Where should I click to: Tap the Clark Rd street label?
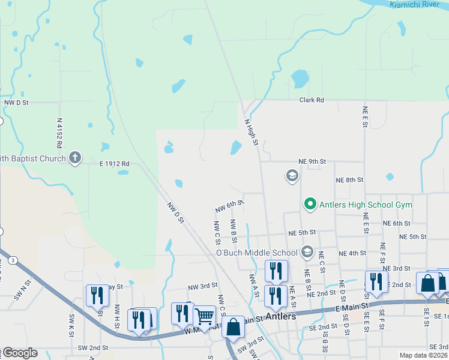[x=312, y=100]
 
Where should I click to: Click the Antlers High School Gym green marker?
[x=310, y=205]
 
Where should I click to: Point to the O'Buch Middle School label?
[x=256, y=253]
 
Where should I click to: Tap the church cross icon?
[x=74, y=158]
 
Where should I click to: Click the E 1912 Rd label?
[x=115, y=163]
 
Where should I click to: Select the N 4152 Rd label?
[x=59, y=133]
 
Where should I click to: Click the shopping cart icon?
[x=204, y=315]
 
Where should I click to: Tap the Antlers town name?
[x=281, y=316]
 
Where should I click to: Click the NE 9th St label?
[x=312, y=161]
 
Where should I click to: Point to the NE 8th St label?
[x=350, y=180]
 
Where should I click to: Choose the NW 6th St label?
[x=229, y=206]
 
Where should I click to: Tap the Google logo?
[x=19, y=353]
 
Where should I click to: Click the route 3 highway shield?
[x=13, y=260]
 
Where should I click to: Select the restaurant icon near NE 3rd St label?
[x=376, y=281]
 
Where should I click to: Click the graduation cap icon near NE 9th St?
[x=292, y=175]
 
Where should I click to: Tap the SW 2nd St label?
[x=92, y=347]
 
